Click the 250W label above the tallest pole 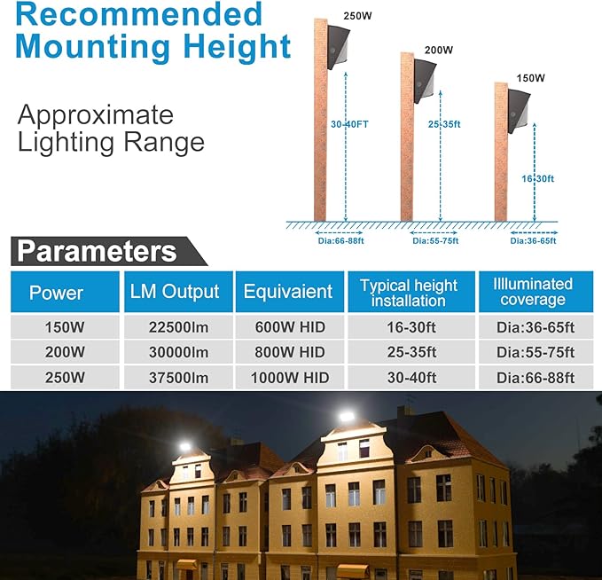point(357,14)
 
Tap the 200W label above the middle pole point(439,50)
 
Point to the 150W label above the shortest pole point(530,78)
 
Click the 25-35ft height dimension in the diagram point(443,124)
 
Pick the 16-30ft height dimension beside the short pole point(537,178)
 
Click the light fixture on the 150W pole point(518,110)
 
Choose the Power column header point(57,293)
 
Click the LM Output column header point(175,293)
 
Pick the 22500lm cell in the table point(175,327)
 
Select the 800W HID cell point(288,352)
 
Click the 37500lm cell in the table point(175,378)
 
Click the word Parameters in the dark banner point(98,251)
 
